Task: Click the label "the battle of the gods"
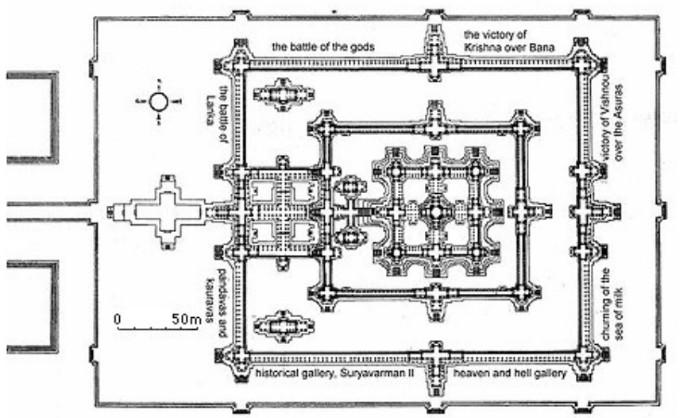pos(322,46)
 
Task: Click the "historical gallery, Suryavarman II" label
pos(328,372)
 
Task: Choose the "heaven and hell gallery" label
pos(509,372)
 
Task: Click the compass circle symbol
pos(158,101)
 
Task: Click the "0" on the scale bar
pos(117,319)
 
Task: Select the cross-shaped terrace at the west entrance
pos(165,211)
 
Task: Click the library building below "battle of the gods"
pos(284,94)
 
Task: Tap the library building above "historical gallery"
pos(284,325)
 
